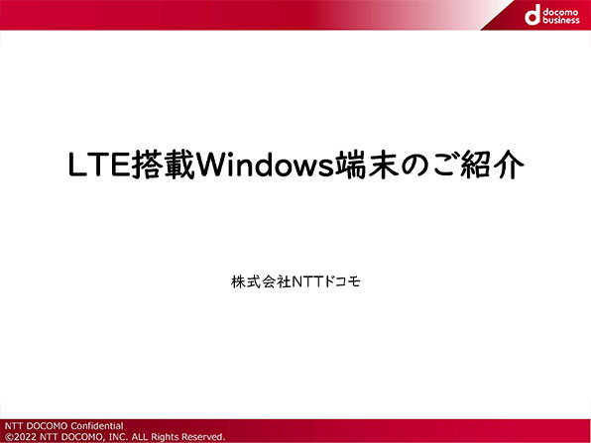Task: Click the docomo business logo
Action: pyautogui.click(x=551, y=15)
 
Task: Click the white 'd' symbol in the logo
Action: pyautogui.click(x=532, y=15)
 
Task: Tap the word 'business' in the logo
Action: pyautogui.click(x=561, y=20)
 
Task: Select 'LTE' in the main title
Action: pyautogui.click(x=99, y=165)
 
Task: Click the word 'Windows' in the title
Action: pyautogui.click(x=265, y=165)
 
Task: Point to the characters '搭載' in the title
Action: pyautogui.click(x=163, y=165)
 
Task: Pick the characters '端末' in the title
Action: pyautogui.click(x=367, y=165)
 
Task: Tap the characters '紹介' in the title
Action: pyautogui.click(x=492, y=165)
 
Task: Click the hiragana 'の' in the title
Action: pyautogui.click(x=414, y=166)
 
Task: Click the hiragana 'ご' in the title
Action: pyautogui.click(x=445, y=165)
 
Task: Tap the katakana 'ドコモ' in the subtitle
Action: pyautogui.click(x=342, y=281)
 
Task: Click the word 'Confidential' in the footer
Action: pyautogui.click(x=97, y=426)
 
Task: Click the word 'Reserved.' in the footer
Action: pyautogui.click(x=203, y=437)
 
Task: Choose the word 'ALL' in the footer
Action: pyautogui.click(x=140, y=437)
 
